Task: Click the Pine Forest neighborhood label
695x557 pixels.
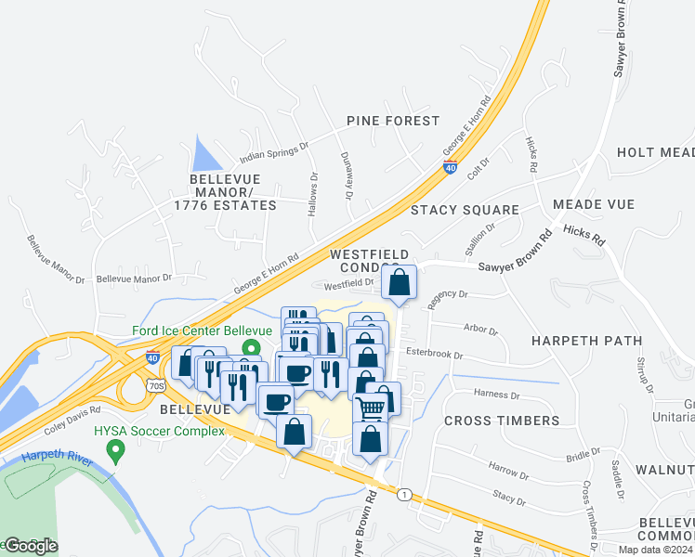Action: (x=392, y=121)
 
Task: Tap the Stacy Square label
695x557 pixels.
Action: (x=465, y=210)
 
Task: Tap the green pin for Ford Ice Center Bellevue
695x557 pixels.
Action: (x=249, y=348)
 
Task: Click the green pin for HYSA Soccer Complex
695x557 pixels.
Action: (x=116, y=451)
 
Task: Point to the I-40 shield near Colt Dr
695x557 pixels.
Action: (x=451, y=168)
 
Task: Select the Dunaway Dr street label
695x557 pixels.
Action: (x=347, y=175)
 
